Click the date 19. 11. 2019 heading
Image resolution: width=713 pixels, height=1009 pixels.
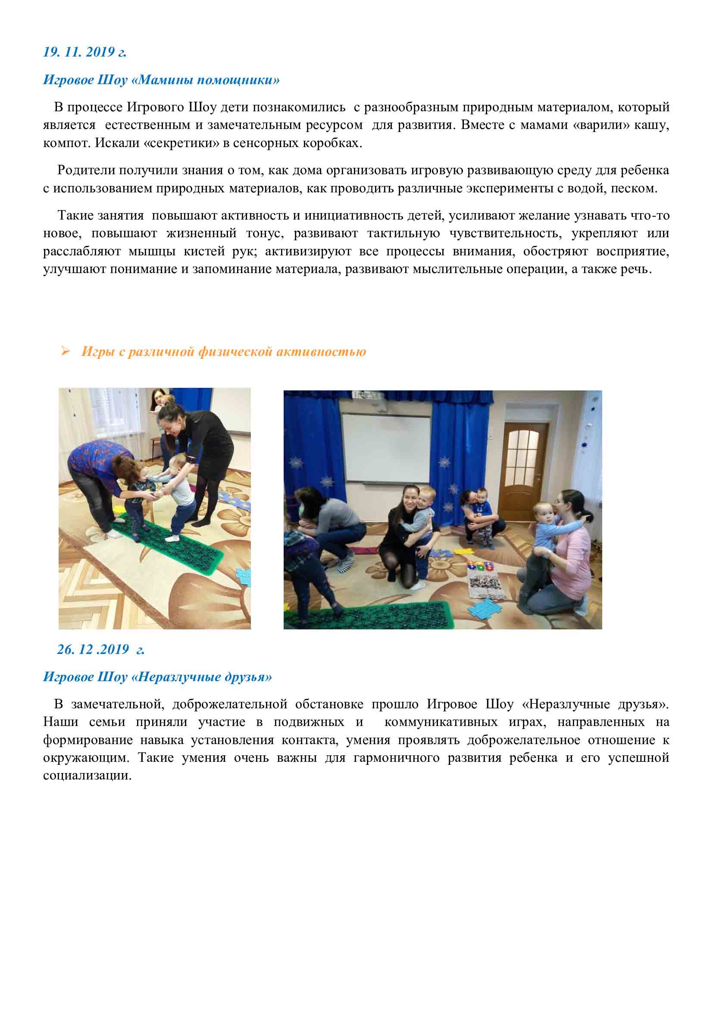84,52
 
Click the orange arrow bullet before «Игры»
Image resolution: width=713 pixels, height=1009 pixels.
66,351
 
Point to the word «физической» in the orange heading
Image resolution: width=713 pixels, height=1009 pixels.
235,352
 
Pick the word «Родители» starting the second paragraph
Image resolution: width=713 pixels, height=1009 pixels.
86,170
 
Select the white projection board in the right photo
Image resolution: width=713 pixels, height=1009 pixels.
386,448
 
